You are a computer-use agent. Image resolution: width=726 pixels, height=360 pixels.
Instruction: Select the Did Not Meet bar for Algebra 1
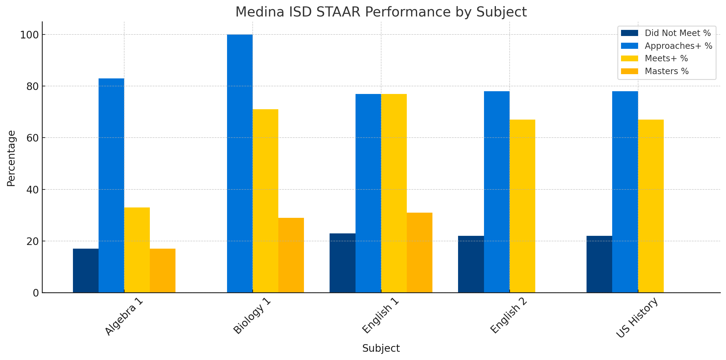click(86, 271)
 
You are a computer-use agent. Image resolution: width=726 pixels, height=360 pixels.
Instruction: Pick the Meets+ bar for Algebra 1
click(137, 250)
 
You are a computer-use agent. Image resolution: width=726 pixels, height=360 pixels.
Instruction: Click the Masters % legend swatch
click(630, 71)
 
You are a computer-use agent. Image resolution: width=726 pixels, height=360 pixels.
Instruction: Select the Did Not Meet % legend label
click(678, 33)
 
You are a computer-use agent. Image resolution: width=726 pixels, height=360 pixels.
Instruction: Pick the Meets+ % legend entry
click(666, 58)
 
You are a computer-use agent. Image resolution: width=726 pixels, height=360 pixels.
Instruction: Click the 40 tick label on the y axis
click(32, 190)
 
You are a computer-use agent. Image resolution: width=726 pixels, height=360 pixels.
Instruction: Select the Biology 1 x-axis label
click(252, 316)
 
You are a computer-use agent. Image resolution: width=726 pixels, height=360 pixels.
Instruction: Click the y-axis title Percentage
click(11, 158)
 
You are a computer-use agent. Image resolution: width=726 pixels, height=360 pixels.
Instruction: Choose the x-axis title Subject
click(381, 348)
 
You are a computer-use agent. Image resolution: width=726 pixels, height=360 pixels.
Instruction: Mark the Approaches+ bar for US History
click(625, 192)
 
